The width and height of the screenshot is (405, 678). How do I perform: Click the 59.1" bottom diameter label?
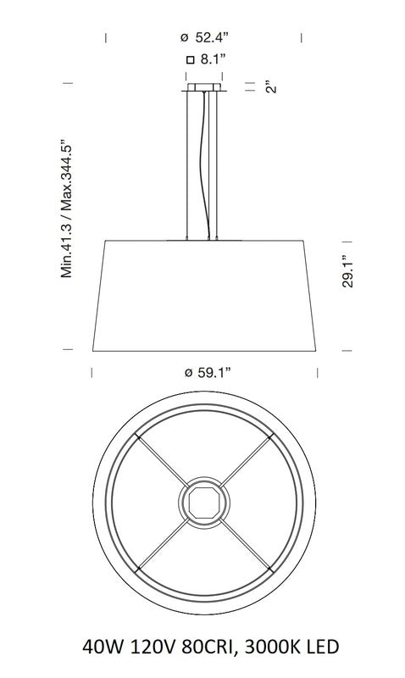[x=207, y=371]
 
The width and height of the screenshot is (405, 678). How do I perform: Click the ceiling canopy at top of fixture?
[x=203, y=87]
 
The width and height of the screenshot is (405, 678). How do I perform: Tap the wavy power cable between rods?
[x=203, y=161]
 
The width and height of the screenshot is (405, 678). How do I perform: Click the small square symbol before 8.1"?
[x=191, y=59]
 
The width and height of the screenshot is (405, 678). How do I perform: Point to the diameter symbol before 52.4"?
[x=184, y=38]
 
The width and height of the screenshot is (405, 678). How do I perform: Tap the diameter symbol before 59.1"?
[x=186, y=372]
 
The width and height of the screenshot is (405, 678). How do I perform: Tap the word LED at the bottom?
[x=320, y=647]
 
